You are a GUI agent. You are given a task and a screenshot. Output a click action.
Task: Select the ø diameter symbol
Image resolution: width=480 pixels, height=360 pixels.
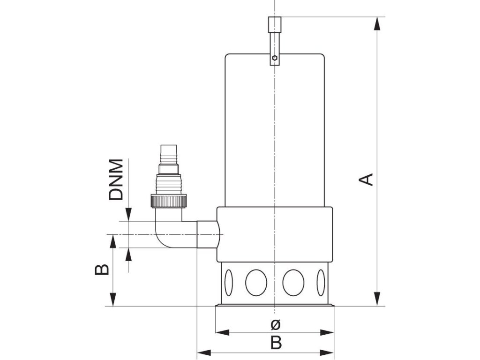[276, 324]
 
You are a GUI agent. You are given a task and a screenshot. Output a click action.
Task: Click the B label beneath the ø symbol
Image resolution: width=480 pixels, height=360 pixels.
[276, 343]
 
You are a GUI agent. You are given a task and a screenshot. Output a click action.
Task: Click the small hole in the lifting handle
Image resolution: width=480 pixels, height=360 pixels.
[275, 59]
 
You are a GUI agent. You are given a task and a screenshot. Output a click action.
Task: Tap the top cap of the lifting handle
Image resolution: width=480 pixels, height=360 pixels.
[275, 24]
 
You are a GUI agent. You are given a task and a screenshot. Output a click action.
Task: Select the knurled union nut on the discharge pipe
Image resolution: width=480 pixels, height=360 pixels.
[169, 201]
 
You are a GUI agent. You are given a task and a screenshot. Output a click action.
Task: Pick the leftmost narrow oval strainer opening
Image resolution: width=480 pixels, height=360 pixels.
[228, 283]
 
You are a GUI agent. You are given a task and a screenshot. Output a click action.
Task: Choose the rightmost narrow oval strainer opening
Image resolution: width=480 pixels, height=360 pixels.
[321, 283]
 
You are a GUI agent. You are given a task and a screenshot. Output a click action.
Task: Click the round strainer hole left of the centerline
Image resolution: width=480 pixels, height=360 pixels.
[256, 283]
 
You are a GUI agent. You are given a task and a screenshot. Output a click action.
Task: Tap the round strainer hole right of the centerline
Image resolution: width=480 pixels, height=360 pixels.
[293, 283]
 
